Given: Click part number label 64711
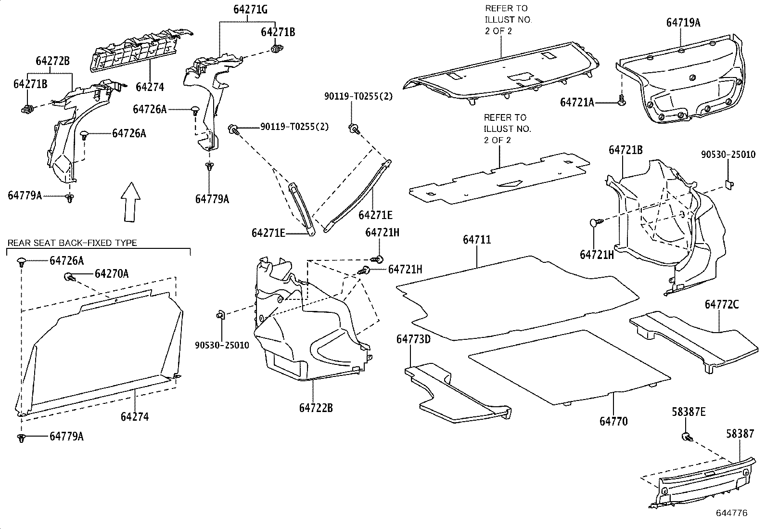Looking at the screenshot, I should pos(477,239).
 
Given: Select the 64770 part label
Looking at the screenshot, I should pos(613,421).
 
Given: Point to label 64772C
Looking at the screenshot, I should pos(722,304).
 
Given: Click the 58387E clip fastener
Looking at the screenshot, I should pos(687,437).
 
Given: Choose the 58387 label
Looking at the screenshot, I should pos(740,434).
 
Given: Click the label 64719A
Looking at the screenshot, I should pos(683,22).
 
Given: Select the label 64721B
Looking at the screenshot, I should pos(626,150).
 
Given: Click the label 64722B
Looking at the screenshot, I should pos(316,408).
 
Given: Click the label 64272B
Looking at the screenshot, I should pos(52,61).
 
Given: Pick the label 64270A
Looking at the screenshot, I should pos(112,273).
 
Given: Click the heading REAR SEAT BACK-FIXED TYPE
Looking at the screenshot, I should pos(72,243).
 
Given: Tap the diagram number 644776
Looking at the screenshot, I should pos(731,513).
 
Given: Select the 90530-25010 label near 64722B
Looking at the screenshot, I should pos(222,345).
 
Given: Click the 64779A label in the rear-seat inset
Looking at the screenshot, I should pos(66,436).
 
